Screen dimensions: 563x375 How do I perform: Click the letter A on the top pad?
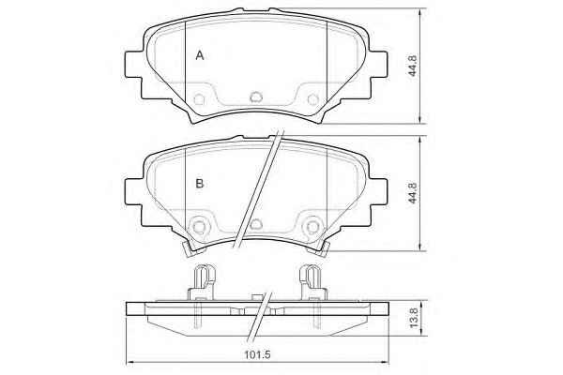(x=200, y=55)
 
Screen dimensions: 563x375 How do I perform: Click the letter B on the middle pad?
(x=200, y=184)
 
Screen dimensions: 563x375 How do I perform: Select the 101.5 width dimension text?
(x=257, y=355)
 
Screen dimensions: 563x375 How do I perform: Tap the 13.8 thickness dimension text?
(x=414, y=317)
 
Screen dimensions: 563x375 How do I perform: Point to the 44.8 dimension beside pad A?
(x=413, y=66)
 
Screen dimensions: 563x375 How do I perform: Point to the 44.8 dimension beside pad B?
(x=413, y=193)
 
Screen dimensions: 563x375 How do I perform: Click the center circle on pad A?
(x=256, y=97)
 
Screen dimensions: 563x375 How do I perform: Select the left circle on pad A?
(x=199, y=99)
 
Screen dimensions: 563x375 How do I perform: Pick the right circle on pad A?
(x=313, y=99)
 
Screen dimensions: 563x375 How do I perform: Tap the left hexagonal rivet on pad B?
(x=199, y=227)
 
